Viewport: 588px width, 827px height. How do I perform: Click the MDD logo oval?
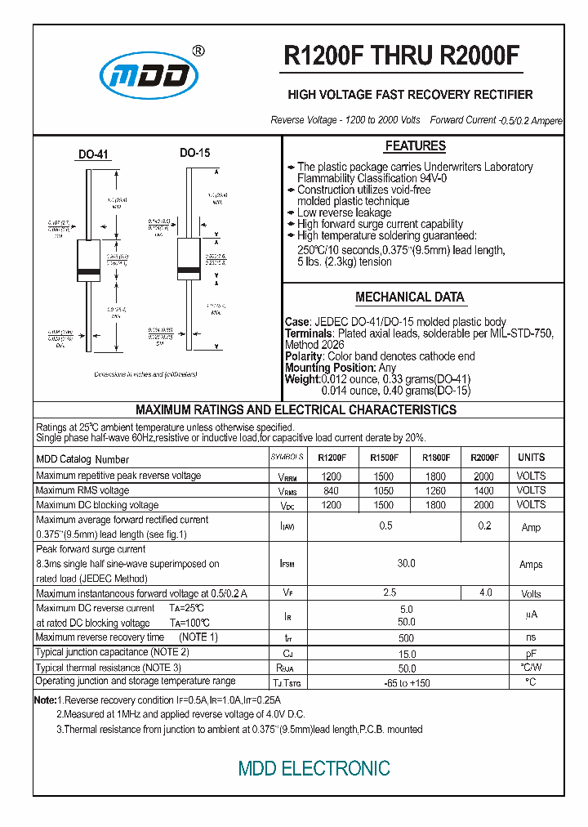[149, 76]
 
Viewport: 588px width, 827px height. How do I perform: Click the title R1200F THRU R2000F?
[401, 56]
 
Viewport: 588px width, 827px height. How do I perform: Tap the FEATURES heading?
[415, 146]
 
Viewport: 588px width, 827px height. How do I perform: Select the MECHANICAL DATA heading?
[410, 297]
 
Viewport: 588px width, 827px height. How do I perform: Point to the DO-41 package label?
[93, 154]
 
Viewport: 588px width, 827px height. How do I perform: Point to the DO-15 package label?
[195, 153]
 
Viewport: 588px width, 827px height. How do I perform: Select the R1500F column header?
[385, 458]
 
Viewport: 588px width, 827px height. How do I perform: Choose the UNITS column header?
[531, 458]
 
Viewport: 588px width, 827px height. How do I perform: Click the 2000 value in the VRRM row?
[483, 476]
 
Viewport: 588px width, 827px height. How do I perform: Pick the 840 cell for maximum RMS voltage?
[331, 490]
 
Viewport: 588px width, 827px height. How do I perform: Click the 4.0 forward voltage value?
[485, 592]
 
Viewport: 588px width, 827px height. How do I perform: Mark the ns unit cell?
[531, 637]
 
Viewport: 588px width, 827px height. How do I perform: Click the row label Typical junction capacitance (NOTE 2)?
[113, 652]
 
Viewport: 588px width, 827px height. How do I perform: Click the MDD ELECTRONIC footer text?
[314, 769]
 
